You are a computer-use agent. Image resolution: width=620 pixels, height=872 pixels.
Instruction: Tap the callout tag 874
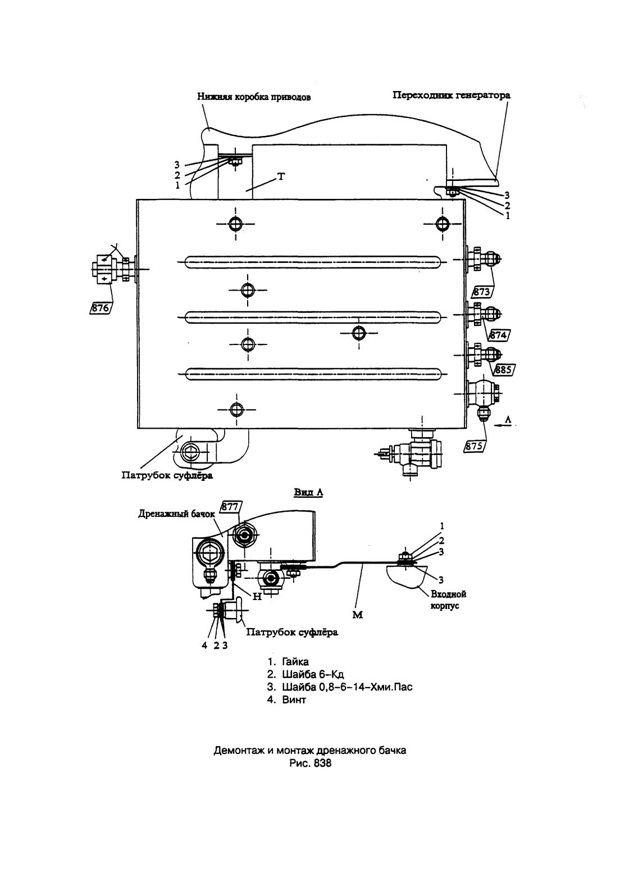500,334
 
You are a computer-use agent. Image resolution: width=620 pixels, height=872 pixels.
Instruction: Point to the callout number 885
503,369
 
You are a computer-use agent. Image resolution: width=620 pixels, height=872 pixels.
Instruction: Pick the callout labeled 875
475,446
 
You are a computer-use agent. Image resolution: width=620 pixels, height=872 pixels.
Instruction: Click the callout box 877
231,506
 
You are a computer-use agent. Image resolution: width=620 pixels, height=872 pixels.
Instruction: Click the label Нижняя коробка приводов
254,97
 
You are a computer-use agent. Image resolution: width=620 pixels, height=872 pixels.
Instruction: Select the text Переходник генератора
452,95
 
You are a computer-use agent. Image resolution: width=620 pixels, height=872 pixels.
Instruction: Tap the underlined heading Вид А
309,492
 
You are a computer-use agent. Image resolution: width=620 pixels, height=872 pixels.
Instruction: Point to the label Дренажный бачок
176,514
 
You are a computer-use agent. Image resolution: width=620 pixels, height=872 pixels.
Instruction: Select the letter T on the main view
281,177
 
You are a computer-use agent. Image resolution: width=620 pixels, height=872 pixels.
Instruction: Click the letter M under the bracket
357,615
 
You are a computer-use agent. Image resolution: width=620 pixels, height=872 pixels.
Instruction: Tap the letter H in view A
257,596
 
